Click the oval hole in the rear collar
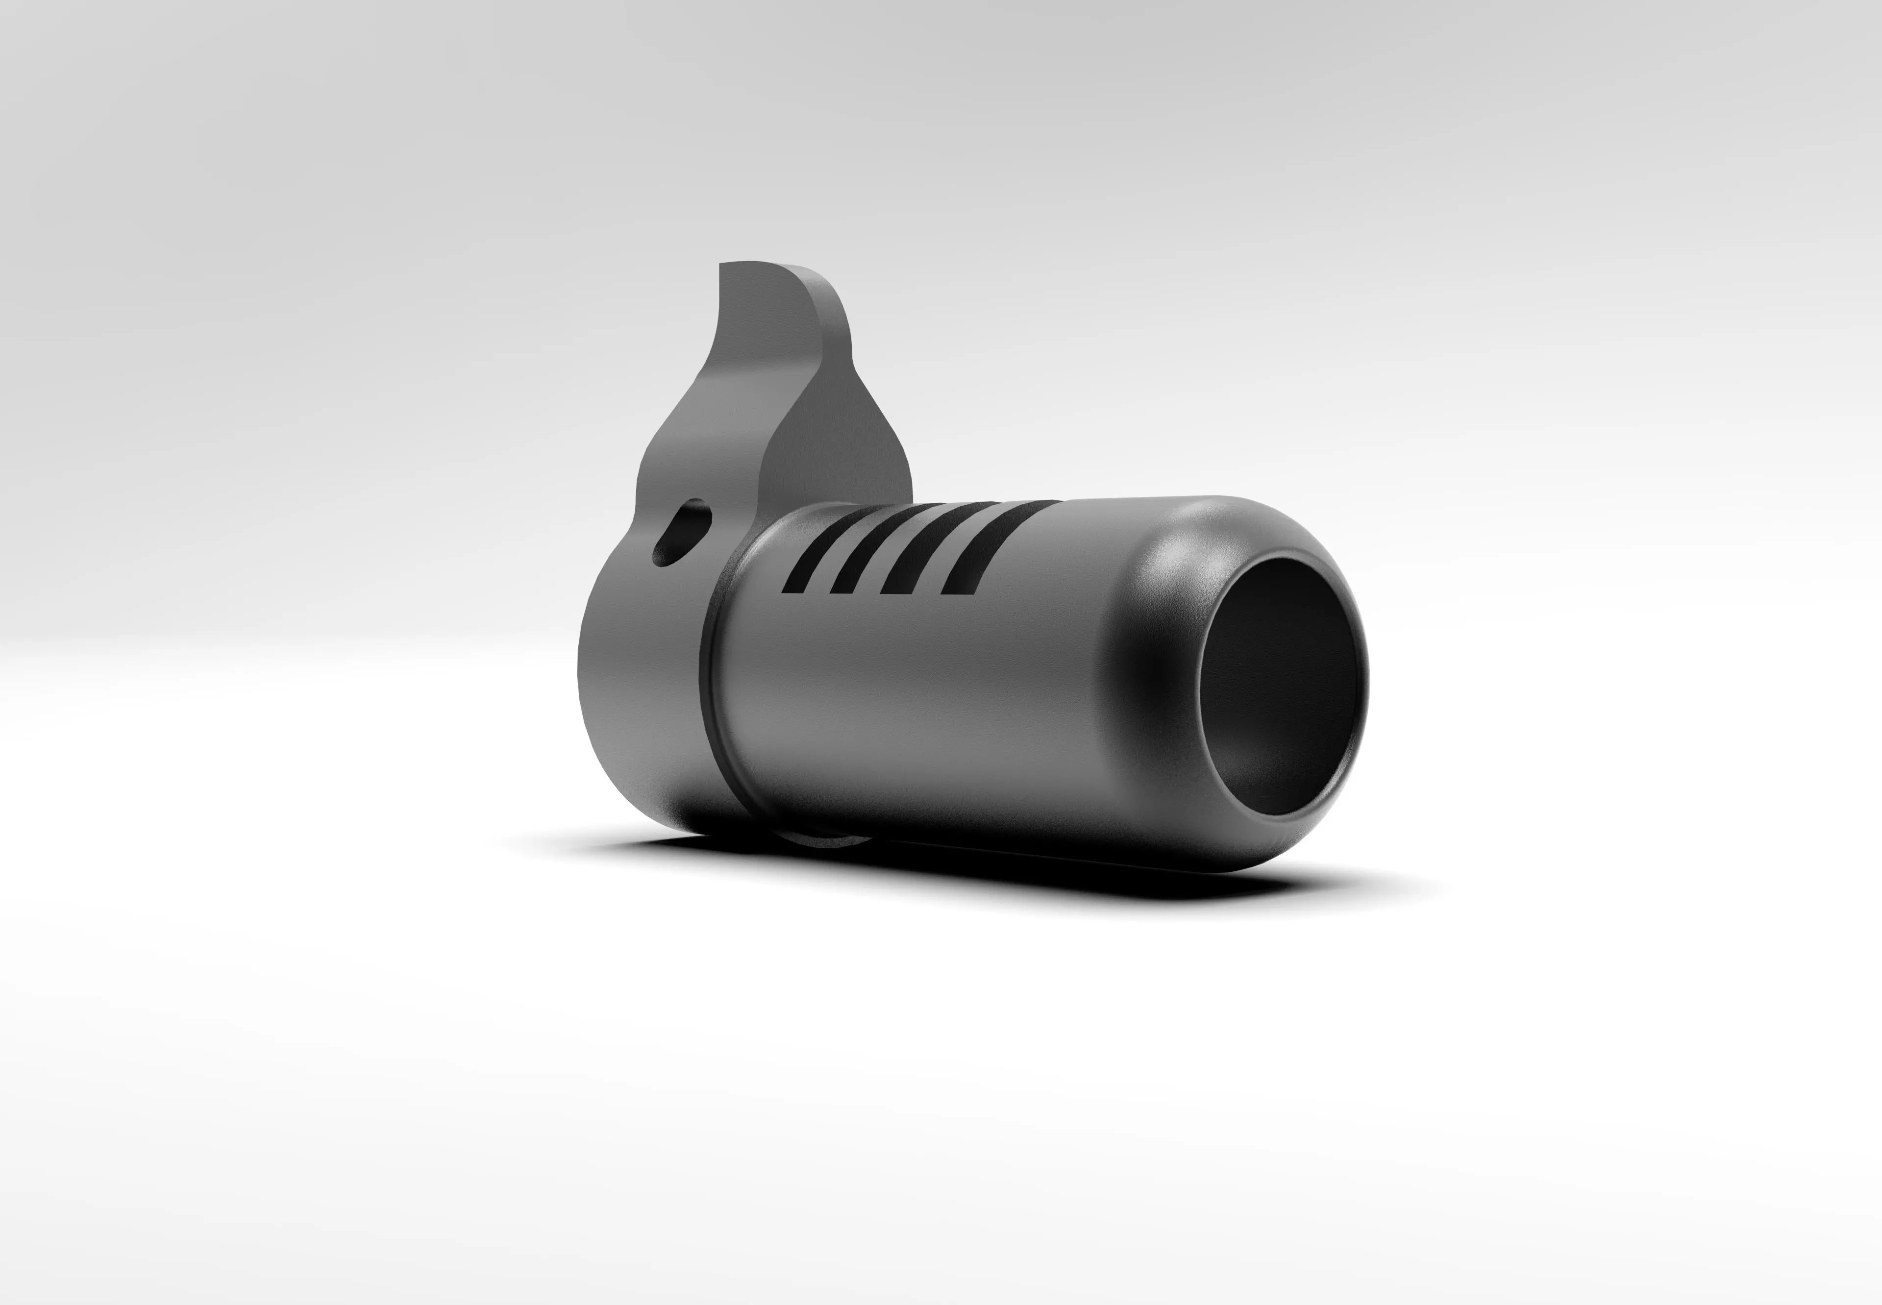click(x=681, y=532)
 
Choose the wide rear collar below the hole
click(x=638, y=679)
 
